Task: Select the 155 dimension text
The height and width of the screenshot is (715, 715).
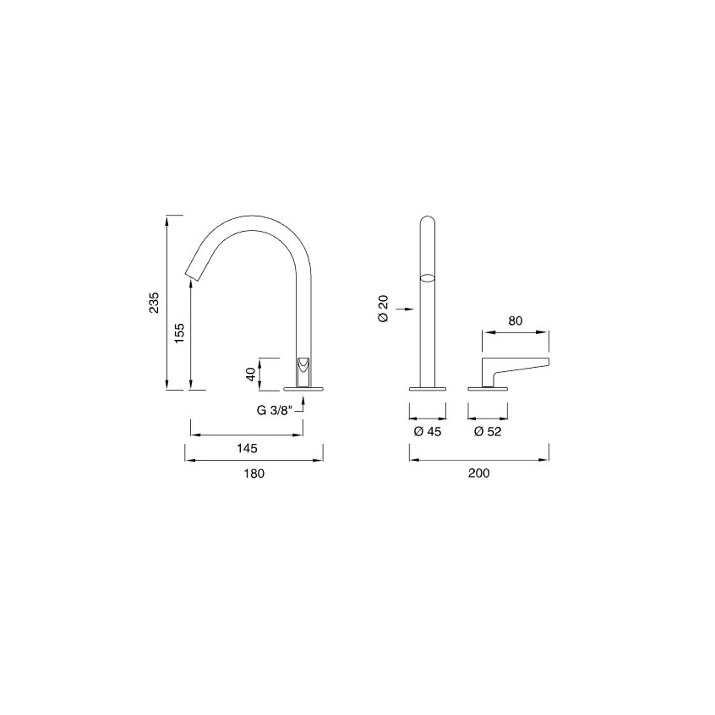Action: coord(180,333)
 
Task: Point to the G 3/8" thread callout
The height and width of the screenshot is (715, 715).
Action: coord(274,410)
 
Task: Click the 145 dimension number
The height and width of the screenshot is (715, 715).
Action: coord(247,448)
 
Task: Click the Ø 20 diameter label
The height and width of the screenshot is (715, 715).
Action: coord(383,308)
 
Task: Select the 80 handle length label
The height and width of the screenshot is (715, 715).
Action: coord(515,321)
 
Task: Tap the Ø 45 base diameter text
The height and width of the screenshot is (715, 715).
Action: coord(427,432)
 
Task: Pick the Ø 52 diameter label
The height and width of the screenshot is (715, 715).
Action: coord(488,432)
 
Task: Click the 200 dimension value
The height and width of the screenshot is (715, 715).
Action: coord(479,473)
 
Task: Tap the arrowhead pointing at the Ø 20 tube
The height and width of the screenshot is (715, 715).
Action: coord(410,308)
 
